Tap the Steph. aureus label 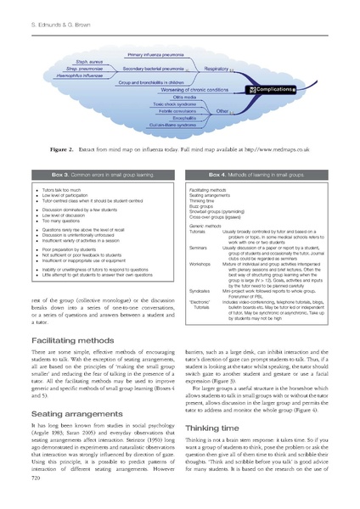coord(82,61)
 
